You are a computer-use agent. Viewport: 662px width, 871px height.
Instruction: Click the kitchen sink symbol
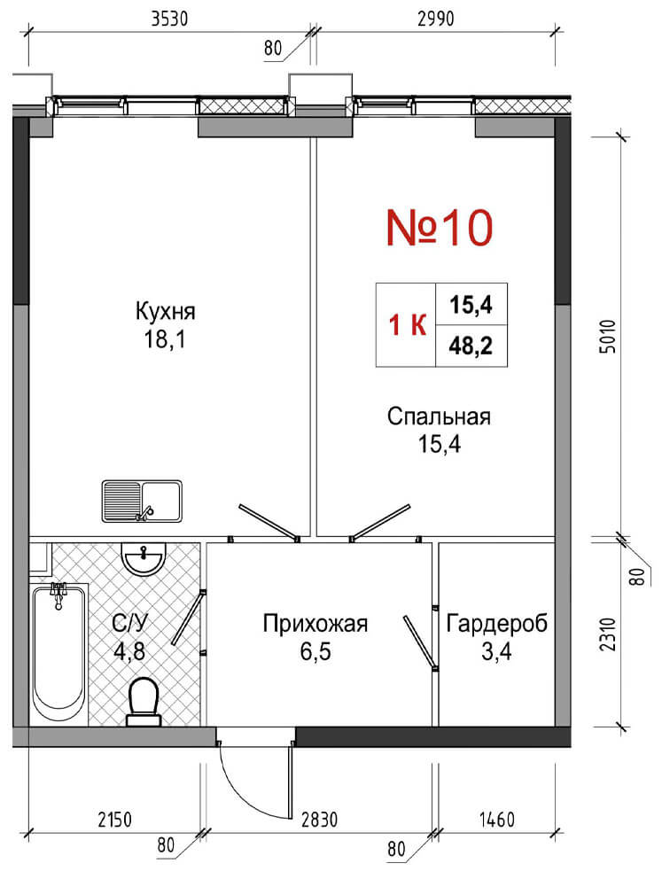[x=142, y=501]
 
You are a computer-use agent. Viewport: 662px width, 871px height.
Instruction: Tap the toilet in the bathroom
[x=144, y=702]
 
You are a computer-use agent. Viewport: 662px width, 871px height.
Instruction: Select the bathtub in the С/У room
[x=58, y=653]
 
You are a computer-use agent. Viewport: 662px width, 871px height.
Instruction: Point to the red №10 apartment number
[x=440, y=228]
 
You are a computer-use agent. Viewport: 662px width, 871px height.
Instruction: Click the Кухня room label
[x=166, y=311]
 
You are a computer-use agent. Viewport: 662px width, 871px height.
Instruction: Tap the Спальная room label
[x=439, y=416]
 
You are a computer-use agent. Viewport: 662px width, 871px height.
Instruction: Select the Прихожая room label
[x=315, y=623]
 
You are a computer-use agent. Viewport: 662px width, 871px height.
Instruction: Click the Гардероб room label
[x=497, y=623]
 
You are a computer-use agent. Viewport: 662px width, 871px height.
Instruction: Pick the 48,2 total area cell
[x=471, y=346]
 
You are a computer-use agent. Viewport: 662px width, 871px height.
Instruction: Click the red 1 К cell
[x=407, y=325]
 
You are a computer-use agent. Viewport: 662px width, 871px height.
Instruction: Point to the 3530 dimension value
[x=170, y=19]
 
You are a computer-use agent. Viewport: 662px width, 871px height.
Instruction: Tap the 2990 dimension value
[x=435, y=19]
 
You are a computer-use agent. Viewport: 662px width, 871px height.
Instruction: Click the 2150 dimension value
[x=114, y=820]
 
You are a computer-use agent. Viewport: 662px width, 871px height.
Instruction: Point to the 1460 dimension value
[x=497, y=820]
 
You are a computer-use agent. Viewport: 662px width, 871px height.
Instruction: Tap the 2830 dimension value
[x=319, y=820]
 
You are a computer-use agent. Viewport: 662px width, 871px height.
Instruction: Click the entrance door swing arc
[x=245, y=794]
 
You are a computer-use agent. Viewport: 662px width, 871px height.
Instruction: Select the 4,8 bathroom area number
[x=129, y=651]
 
